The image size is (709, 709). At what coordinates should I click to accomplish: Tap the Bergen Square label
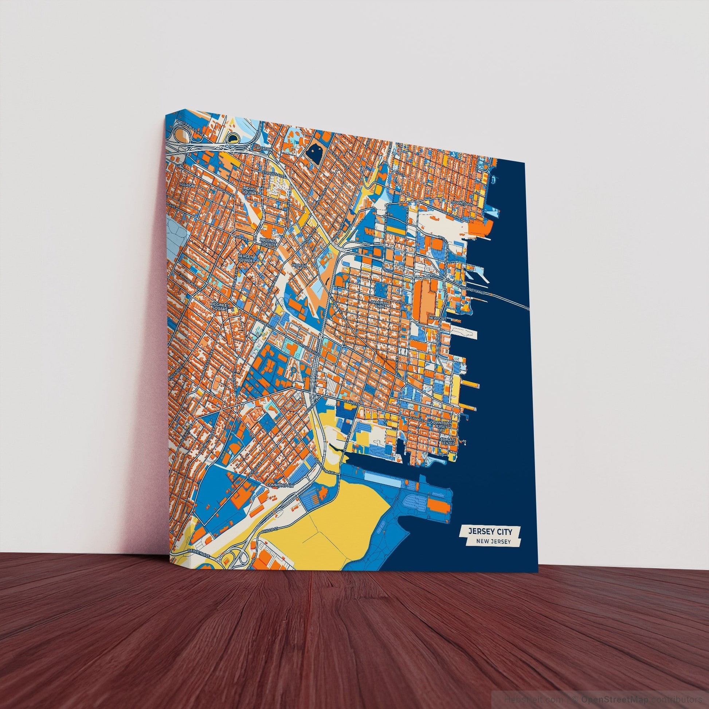click(x=246, y=258)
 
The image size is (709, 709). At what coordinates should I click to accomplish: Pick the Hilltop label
click(x=298, y=265)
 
